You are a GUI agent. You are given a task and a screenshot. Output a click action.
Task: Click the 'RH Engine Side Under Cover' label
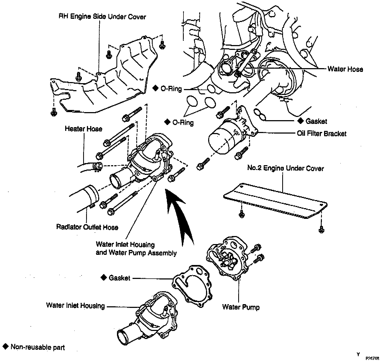102,17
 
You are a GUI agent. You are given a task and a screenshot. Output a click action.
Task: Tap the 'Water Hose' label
345,69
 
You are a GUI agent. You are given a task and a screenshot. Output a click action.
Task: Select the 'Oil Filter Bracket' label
321,134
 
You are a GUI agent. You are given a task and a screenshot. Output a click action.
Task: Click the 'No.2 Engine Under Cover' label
285,168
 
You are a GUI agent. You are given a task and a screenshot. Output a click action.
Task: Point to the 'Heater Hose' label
83,129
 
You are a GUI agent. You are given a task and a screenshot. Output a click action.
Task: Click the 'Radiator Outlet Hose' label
87,227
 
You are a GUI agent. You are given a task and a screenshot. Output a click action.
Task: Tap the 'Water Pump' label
241,307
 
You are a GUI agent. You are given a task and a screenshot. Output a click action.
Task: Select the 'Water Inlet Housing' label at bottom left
75,305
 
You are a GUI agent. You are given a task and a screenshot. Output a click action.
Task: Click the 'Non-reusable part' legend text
38,347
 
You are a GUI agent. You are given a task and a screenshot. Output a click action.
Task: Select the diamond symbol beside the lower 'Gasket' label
104,278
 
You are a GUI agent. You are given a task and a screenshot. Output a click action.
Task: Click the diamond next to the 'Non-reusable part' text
5,347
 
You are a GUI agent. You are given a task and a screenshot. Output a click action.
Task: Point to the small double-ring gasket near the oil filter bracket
260,115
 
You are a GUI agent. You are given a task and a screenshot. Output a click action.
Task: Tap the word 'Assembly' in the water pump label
162,253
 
